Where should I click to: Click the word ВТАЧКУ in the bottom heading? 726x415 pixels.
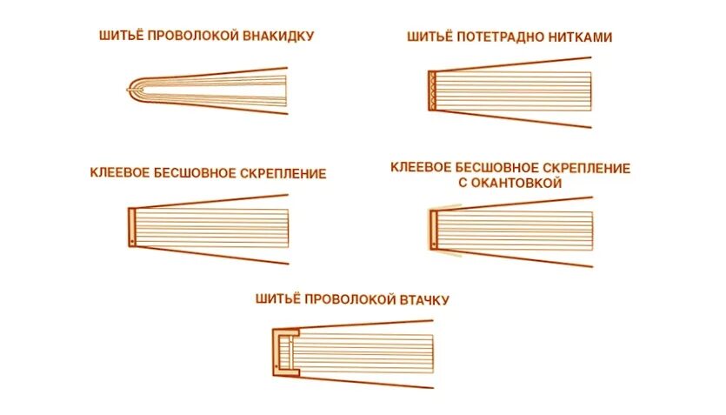[x=424, y=300]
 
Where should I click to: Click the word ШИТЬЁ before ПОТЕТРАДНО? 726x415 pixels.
[x=428, y=37]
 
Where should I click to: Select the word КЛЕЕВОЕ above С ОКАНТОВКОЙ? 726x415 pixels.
[x=423, y=167]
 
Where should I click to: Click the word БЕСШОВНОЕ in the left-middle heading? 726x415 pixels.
[x=196, y=173]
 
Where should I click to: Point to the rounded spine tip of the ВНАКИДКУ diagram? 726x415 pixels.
[x=131, y=87]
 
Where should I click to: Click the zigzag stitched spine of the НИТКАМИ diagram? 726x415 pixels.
[x=432, y=90]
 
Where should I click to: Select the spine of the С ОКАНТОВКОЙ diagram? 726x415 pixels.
[x=433, y=229]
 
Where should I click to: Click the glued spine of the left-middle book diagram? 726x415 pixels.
[x=131, y=226]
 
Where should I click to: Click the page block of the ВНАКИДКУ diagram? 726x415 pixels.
[x=226, y=87]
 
